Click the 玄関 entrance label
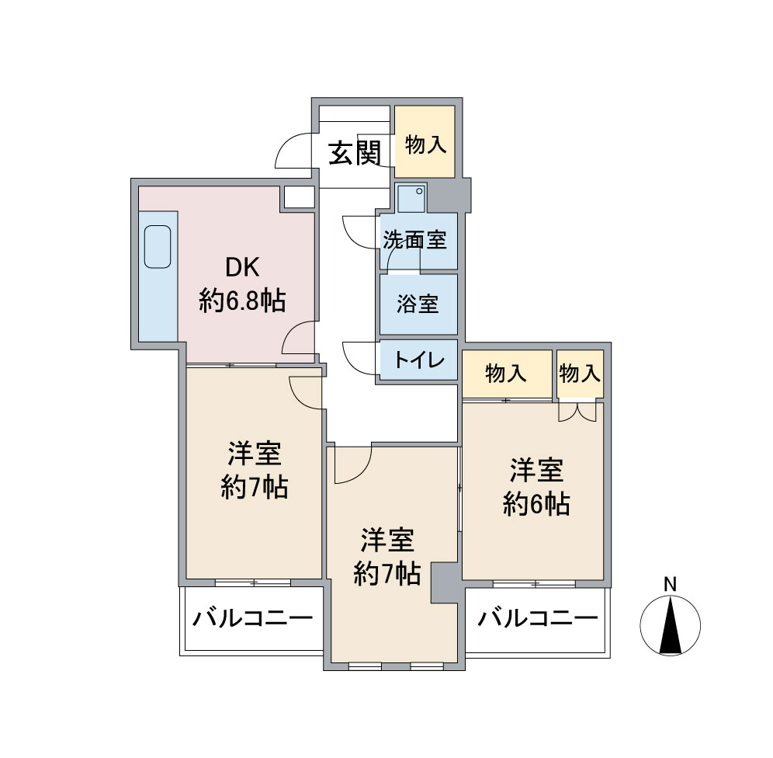[355, 153]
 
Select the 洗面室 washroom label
[415, 240]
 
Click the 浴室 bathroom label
[418, 304]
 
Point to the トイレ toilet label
[420, 360]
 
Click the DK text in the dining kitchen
[242, 268]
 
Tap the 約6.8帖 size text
[242, 301]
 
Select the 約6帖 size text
[536, 504]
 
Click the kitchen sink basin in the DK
[158, 247]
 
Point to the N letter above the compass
[670, 584]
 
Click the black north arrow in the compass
[671, 625]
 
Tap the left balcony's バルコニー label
[252, 618]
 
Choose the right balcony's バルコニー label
[537, 618]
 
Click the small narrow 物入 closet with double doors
[581, 374]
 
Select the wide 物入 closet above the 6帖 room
[507, 374]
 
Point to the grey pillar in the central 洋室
[446, 582]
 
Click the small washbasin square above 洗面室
[411, 198]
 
